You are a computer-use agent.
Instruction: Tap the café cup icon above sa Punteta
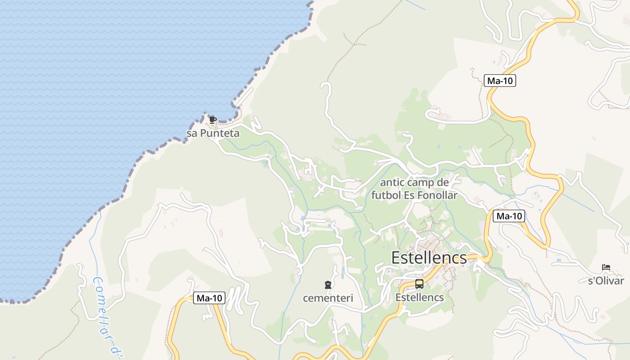point(212,120)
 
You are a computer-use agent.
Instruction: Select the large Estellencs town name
point(429,258)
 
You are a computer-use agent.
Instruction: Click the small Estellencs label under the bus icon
point(419,297)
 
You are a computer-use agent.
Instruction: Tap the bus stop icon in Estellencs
point(419,284)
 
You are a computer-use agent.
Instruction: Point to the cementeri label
point(328,298)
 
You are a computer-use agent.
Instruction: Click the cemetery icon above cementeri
point(328,284)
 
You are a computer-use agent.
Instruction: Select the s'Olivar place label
point(606,281)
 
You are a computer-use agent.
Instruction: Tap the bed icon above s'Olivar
point(606,268)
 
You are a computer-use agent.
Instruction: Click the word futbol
point(387,195)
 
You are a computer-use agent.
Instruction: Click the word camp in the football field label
point(421,183)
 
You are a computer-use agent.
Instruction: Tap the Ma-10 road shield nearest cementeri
point(209,298)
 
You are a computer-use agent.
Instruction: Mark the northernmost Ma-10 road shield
point(500,81)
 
